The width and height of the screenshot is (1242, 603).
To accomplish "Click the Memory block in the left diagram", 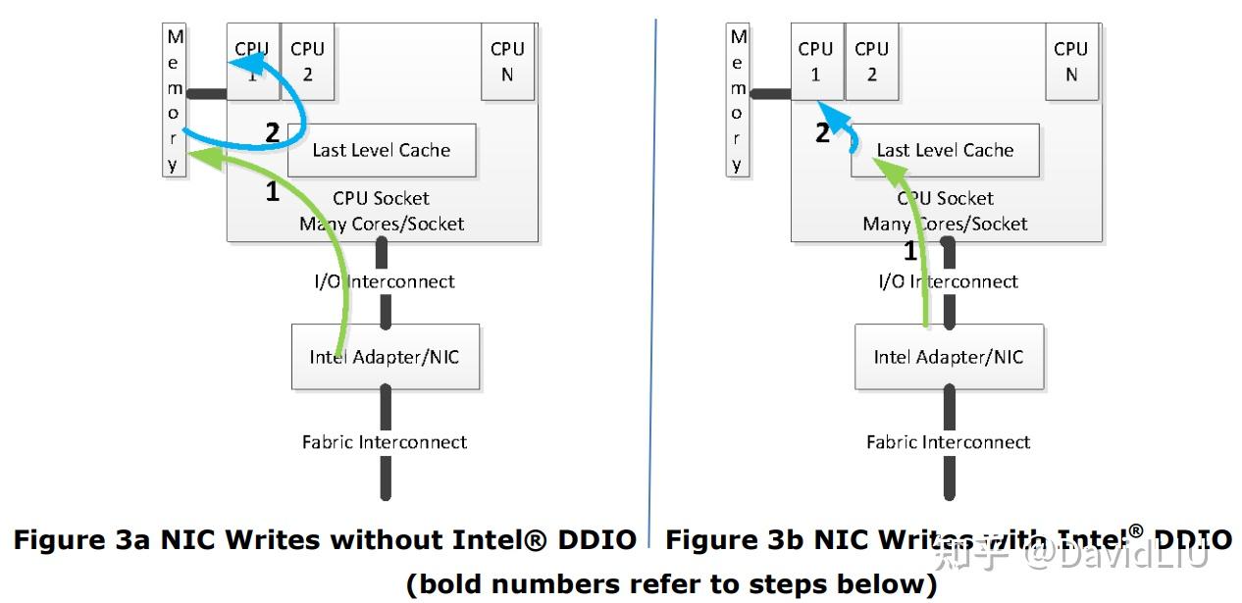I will coord(175,101).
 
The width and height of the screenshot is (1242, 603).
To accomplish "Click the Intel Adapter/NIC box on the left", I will coord(385,357).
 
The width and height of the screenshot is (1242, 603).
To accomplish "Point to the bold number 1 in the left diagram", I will coord(273,192).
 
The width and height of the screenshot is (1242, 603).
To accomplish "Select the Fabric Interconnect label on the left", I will coord(385,442).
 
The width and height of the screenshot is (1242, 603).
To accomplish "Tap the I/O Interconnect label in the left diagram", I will coord(385,281).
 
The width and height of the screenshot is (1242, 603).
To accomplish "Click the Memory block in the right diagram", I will coord(738,101).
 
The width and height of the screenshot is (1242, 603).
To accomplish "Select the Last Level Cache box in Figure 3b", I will coord(945,151).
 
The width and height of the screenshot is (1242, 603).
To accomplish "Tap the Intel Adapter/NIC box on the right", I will coord(949,357).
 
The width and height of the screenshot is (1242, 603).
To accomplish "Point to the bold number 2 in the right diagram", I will coord(823,133).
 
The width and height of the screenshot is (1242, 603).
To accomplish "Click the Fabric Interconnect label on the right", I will coord(949,442).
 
